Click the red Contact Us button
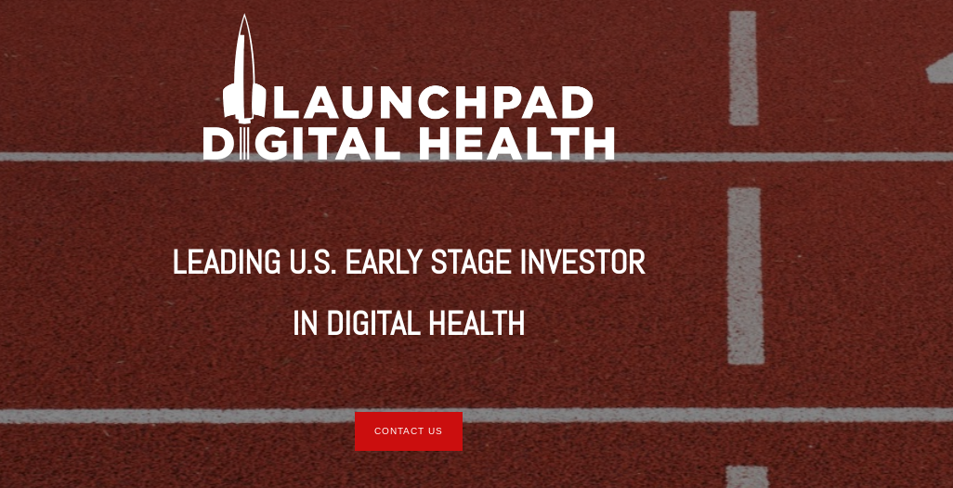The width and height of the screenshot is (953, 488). [x=409, y=431]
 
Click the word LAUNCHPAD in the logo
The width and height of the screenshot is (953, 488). [x=432, y=103]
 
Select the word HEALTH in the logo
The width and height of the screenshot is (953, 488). [x=516, y=143]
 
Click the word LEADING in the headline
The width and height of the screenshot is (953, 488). [x=226, y=263]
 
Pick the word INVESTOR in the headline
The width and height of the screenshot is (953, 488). [x=582, y=263]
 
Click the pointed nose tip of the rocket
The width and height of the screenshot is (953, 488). [x=243, y=17]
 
